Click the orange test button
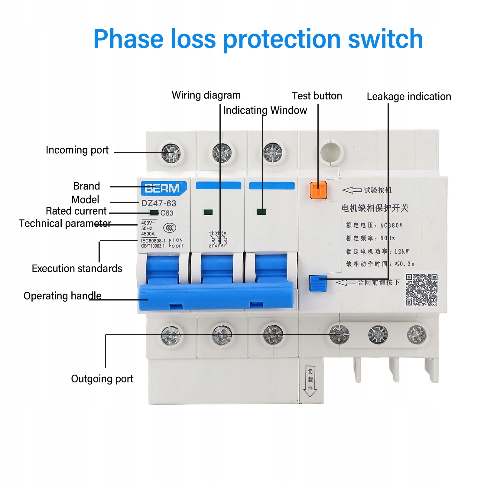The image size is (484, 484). tap(318, 190)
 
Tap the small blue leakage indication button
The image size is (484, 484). tap(318, 283)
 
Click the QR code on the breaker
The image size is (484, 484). tap(421, 290)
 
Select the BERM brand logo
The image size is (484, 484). tap(162, 188)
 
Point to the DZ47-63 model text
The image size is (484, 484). tap(159, 203)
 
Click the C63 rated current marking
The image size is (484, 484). tap(167, 213)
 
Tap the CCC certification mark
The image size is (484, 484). tap(170, 228)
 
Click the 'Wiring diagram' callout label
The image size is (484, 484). tap(206, 95)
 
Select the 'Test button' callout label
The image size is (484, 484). tap(317, 96)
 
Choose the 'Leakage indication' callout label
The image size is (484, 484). tap(409, 96)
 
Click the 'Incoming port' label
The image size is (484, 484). tap(77, 150)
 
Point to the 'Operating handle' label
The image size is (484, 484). tap(62, 296)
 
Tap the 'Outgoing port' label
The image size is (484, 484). tap(102, 379)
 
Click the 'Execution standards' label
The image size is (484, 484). tap(77, 268)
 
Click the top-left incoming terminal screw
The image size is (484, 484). tap(171, 153)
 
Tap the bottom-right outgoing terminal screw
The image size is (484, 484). tap(416, 335)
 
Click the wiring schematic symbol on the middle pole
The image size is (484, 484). tap(218, 240)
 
